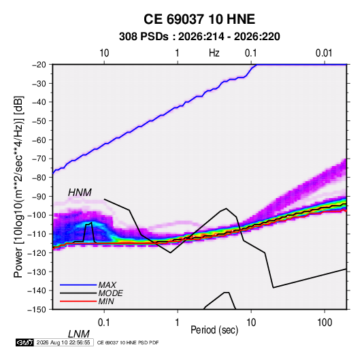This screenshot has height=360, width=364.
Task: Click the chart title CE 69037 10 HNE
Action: coord(199,19)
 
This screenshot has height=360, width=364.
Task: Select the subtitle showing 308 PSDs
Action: coord(199,37)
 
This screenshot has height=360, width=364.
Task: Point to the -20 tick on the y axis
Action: coord(39,65)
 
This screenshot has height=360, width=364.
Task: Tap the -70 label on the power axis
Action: coord(39,159)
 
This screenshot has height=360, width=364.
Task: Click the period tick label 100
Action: coord(325,323)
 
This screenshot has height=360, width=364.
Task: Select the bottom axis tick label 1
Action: coord(178,323)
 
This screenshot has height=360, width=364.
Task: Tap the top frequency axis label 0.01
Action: coord(324,53)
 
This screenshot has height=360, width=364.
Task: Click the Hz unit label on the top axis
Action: coord(214,53)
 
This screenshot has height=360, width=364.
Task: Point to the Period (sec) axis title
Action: coord(214,330)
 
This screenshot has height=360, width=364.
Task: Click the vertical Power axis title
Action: coord(18,187)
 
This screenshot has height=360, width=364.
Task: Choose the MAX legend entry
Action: coord(107,284)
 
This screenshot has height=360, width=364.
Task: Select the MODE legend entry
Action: coord(110,293)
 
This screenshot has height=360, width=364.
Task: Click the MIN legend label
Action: coord(106,301)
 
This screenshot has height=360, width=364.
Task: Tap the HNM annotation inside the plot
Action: coord(80,193)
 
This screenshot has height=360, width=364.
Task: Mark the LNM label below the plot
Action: coord(79,334)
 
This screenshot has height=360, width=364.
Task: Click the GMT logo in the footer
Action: coord(25,342)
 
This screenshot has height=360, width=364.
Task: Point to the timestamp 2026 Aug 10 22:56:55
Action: coord(63,342)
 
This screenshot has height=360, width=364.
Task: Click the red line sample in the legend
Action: coord(78,301)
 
